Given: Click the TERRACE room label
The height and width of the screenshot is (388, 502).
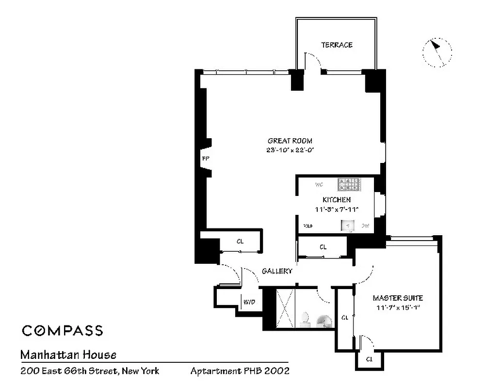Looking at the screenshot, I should [x=337, y=45].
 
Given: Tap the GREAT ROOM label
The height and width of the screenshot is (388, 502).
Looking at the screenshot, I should [x=290, y=141].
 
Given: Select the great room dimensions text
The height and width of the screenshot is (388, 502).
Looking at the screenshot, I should [x=290, y=150].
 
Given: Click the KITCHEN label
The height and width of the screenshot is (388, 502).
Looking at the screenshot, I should [x=336, y=200].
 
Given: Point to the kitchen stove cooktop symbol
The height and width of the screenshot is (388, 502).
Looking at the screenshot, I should [x=350, y=184].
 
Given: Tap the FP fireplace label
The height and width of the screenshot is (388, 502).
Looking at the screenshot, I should [x=205, y=159].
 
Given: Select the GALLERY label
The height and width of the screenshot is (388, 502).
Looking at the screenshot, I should [x=277, y=271].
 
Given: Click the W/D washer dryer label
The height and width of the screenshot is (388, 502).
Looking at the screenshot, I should [x=249, y=302].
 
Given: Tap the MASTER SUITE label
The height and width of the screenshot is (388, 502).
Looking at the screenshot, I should [x=398, y=298].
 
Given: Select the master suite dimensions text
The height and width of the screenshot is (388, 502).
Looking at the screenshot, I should [x=398, y=307].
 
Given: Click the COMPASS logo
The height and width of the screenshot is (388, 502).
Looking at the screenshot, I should [x=62, y=331].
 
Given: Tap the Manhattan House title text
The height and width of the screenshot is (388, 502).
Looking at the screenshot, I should [x=68, y=355].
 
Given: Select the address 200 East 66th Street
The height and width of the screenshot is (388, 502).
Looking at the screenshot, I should [x=90, y=372].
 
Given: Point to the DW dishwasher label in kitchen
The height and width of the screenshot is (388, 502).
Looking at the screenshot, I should [x=365, y=226].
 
